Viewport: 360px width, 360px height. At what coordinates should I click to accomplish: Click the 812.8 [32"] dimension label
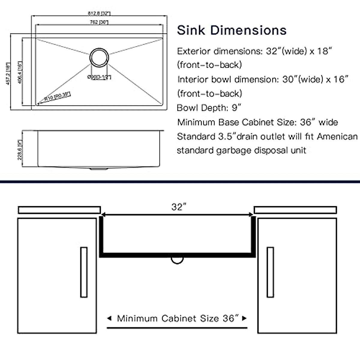pyautogui.click(x=99, y=13)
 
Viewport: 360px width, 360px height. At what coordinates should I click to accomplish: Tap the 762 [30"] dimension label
pyautogui.click(x=99, y=22)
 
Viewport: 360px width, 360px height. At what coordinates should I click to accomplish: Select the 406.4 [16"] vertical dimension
pyautogui.click(x=20, y=72)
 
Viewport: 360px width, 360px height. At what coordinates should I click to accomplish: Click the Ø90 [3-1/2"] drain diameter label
pyautogui.click(x=99, y=77)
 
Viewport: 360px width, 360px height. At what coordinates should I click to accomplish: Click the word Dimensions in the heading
pyautogui.click(x=248, y=30)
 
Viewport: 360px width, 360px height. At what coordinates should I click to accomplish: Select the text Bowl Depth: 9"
pyautogui.click(x=209, y=108)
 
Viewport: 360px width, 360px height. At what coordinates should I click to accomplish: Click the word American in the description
pyautogui.click(x=337, y=136)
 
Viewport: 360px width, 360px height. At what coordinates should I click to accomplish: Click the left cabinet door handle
pyautogui.click(x=84, y=272)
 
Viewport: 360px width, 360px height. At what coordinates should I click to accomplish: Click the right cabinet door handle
pyautogui.click(x=270, y=272)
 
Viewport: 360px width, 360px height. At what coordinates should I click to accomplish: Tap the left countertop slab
pyautogui.click(x=59, y=210)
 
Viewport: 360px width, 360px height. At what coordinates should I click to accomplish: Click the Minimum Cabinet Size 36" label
pyautogui.click(x=177, y=318)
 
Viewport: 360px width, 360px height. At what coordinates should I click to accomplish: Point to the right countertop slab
pyautogui.click(x=295, y=210)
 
